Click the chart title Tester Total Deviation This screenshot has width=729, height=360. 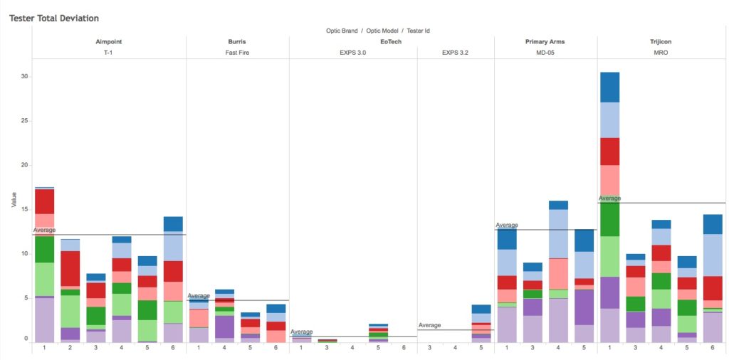click(x=54, y=18)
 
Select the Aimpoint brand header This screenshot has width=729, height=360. click(x=109, y=42)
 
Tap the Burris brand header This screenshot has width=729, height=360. click(x=238, y=42)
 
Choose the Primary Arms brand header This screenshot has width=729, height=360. click(x=545, y=42)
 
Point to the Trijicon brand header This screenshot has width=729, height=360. click(x=661, y=42)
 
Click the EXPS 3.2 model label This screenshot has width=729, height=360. click(x=455, y=52)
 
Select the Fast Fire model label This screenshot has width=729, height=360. click(x=238, y=52)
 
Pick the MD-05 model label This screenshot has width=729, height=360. click(x=545, y=52)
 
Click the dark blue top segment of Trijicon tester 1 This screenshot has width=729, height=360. click(x=609, y=87)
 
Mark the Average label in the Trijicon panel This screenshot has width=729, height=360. click(x=610, y=198)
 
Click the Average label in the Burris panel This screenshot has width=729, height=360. click(x=199, y=296)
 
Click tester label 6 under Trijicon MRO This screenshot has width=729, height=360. click(x=713, y=347)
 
